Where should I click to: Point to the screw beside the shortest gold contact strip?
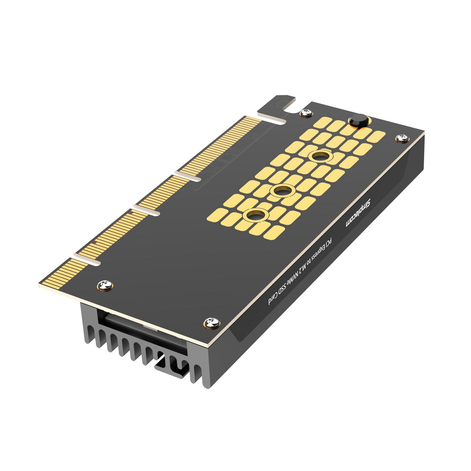click(104, 285)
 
